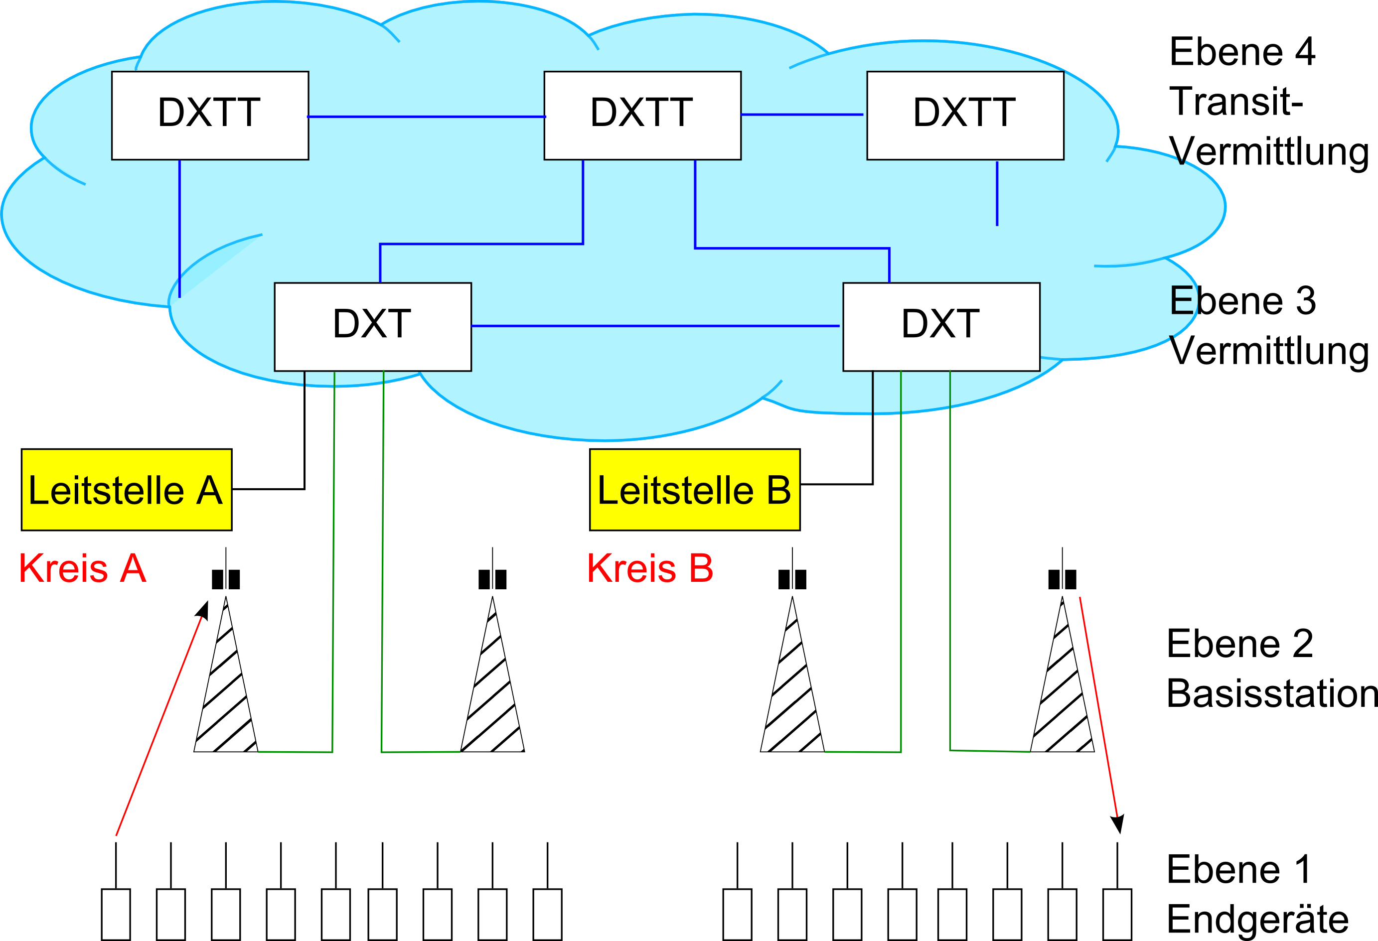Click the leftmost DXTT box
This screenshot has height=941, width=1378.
(x=210, y=116)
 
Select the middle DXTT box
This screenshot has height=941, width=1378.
(x=642, y=116)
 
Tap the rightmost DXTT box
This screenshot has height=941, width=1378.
(x=965, y=116)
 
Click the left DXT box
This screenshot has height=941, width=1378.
(x=372, y=326)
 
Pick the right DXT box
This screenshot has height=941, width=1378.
(x=941, y=326)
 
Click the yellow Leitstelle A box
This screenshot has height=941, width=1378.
(x=126, y=490)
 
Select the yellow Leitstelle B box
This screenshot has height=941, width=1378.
(x=694, y=490)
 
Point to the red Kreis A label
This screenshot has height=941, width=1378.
(x=82, y=568)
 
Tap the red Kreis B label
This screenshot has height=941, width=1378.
(x=650, y=568)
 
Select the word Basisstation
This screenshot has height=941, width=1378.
(x=1271, y=693)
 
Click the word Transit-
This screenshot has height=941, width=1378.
(x=1235, y=102)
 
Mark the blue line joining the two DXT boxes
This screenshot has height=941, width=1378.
(x=655, y=326)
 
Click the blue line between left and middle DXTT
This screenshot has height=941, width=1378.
(x=426, y=117)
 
